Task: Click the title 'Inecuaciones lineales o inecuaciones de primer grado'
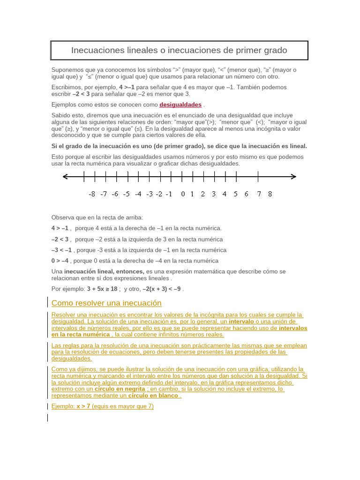179,50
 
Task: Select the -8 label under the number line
92,194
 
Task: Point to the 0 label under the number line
183,194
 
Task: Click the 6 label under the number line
247,194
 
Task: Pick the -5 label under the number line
126,194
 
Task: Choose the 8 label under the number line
270,194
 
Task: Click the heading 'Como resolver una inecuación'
106,303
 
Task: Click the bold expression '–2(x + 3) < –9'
162,289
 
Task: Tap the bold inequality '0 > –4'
60,261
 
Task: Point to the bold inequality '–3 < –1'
61,250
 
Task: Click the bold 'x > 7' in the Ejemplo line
83,406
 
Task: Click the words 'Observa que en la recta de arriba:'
97,217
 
